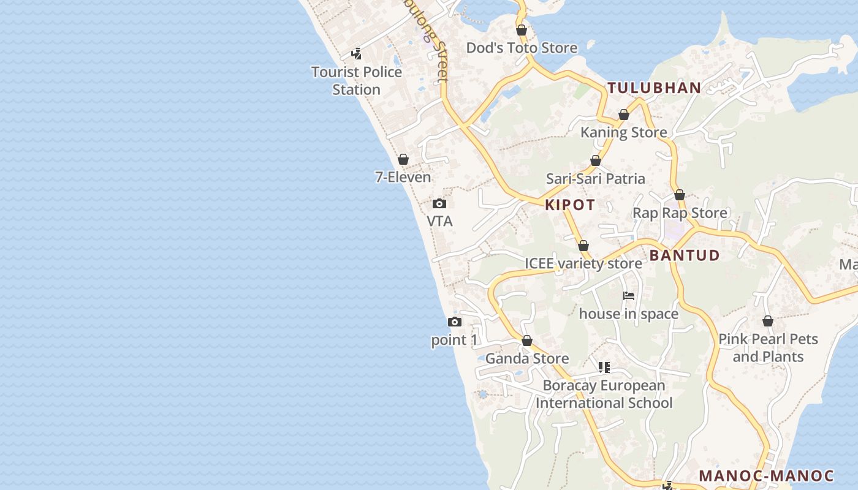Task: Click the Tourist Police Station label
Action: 357,80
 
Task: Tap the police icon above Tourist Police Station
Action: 356,54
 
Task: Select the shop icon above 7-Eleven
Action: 403,159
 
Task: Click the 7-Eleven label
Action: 403,177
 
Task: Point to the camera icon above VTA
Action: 439,203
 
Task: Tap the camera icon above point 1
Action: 454,322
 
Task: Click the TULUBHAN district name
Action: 654,88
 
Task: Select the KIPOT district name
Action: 570,205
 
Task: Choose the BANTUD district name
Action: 685,255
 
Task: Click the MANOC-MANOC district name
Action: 767,476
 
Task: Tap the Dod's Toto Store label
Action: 522,48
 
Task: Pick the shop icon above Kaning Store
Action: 624,115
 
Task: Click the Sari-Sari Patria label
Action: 596,178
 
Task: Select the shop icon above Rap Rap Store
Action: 680,195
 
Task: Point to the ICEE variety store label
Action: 583,263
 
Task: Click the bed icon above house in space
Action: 629,296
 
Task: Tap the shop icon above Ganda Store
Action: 527,341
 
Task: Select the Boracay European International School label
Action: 604,394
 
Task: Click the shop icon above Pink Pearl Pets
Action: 768,321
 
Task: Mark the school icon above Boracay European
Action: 604,367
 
